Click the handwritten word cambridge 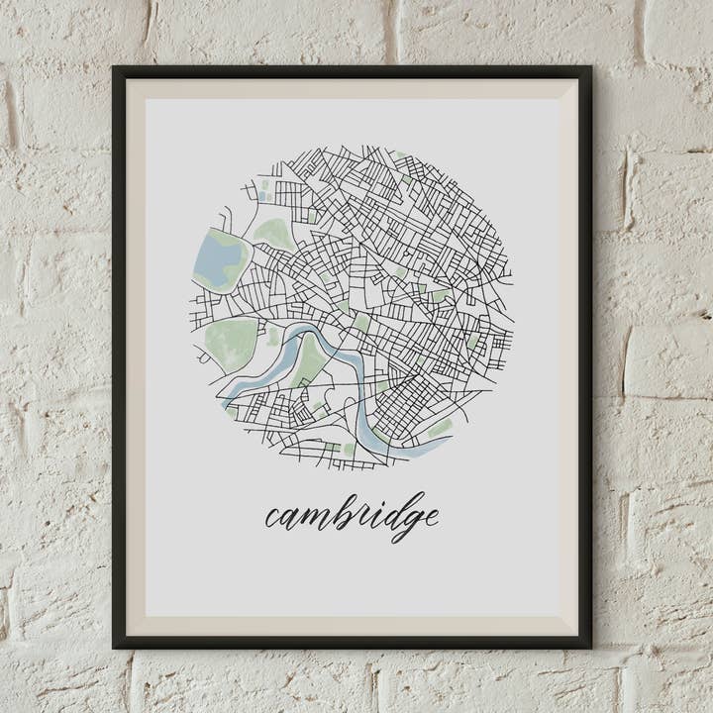(352, 516)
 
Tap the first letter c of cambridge (271, 518)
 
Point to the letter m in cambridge (311, 518)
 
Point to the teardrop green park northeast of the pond (273, 235)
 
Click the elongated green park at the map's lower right (439, 428)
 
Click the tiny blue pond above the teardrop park (264, 184)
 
